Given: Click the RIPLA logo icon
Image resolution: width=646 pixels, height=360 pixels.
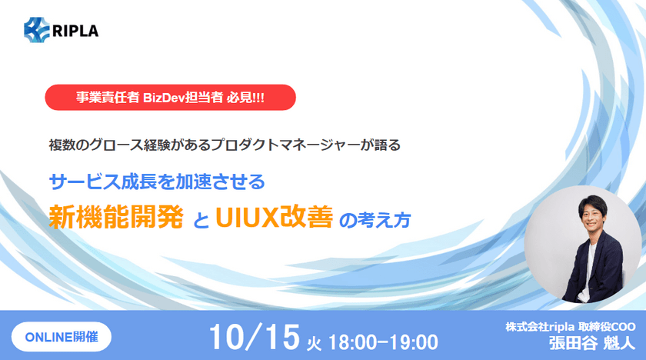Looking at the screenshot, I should point(36,31).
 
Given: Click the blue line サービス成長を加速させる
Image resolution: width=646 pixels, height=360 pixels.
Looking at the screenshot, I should point(157,182).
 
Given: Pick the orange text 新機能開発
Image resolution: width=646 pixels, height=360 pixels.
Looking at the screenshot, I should point(115,218).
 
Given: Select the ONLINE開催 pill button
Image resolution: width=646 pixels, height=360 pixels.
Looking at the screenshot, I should point(62,336).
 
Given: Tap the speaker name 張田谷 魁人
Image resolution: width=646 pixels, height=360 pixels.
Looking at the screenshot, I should point(584,343).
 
